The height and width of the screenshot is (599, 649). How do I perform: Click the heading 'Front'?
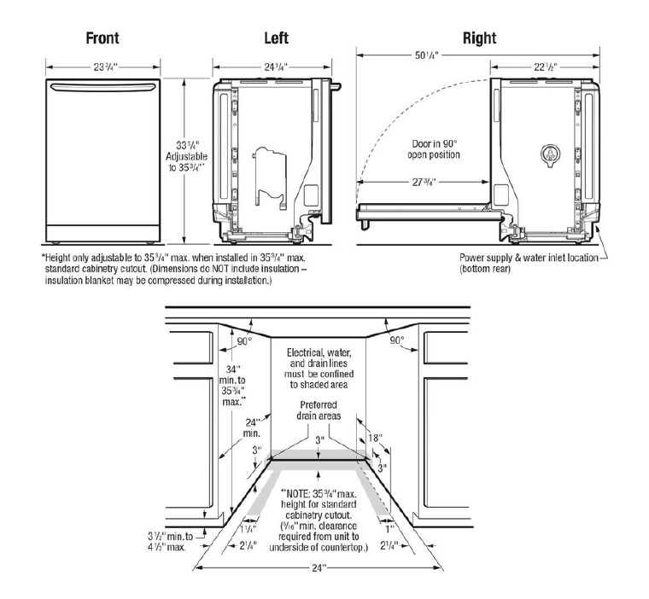point(102,38)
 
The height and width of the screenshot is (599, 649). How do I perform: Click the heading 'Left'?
point(276,38)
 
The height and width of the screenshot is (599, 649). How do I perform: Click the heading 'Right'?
point(479,38)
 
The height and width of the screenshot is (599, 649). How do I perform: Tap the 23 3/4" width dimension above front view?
point(102,66)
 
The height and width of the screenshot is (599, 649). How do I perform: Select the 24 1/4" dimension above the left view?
point(275,66)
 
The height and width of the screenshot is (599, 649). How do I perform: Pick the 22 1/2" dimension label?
point(546,66)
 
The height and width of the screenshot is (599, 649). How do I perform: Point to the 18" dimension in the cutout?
point(376,438)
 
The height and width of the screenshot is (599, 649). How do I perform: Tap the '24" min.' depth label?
point(253,427)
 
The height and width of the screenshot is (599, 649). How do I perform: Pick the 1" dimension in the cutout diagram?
point(389,528)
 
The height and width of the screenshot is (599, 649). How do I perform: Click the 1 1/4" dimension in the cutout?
point(243,529)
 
